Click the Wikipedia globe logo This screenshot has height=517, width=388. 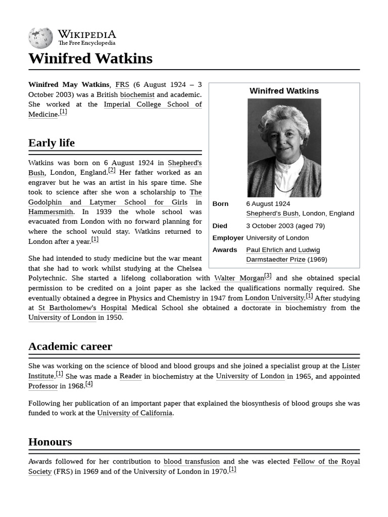pos(40,38)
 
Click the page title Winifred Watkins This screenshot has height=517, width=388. pos(90,59)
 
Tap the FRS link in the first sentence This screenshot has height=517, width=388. pos(122,85)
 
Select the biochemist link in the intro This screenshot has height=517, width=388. pos(137,94)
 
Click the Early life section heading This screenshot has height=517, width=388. pos(52,143)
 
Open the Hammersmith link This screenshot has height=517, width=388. pos(51,212)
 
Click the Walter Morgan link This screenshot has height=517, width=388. pos(239,278)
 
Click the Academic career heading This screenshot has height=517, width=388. pos(70,346)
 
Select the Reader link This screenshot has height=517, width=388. pos(130,376)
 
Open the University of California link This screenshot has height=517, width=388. pos(135,413)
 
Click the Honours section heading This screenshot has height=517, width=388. pos(50,442)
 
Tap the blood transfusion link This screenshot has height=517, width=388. pos(192,461)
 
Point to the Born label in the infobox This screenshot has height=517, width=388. pos(220,204)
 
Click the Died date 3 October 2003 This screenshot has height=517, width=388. pos(285,226)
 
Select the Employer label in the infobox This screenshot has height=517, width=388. pos(228,238)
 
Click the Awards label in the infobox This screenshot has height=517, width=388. pos(225,250)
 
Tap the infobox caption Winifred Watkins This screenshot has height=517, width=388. pos(284,91)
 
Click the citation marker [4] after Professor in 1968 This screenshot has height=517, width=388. pos(89,384)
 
